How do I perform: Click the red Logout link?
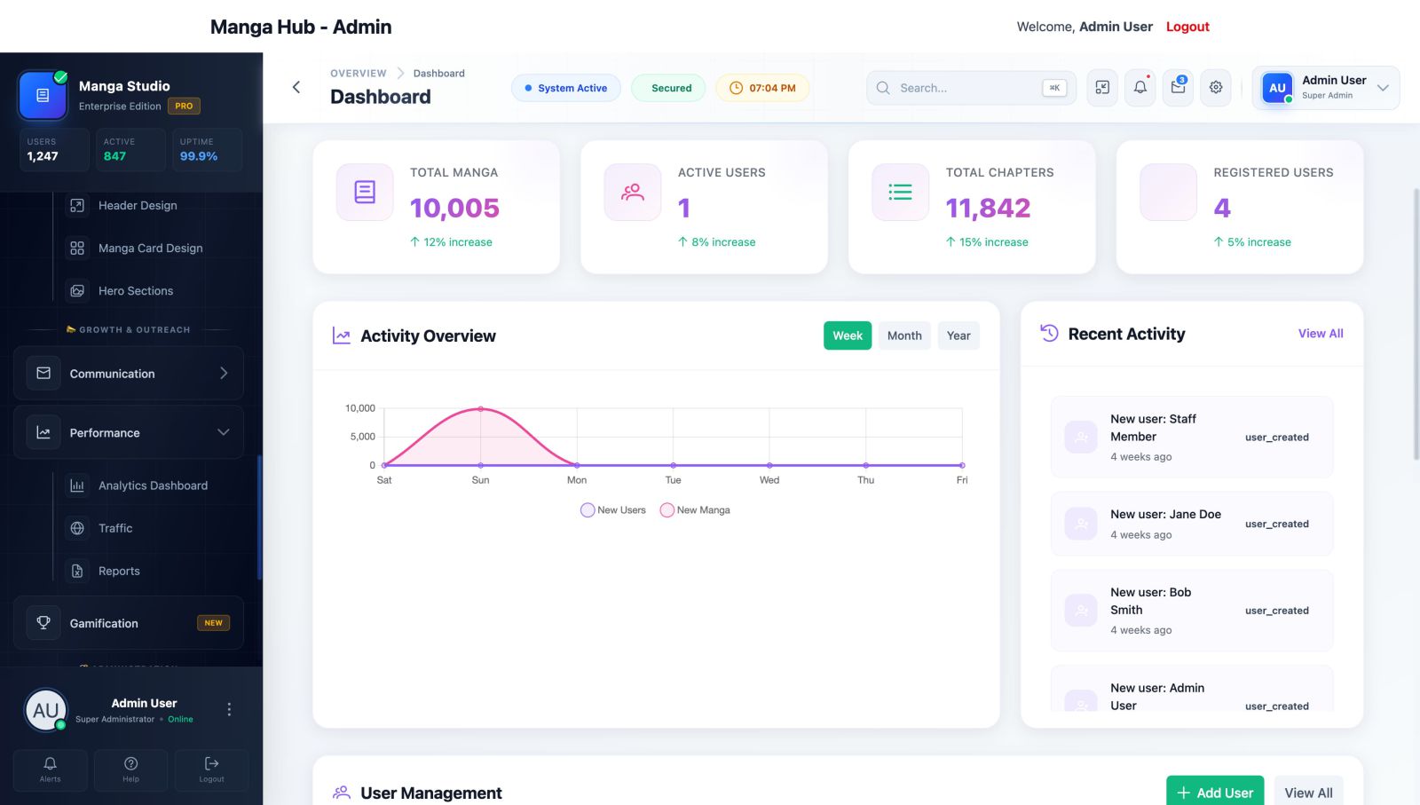[x=1187, y=27]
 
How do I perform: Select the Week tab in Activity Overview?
[x=848, y=335]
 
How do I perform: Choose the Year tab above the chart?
[x=958, y=335]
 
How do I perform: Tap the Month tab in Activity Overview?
[x=904, y=335]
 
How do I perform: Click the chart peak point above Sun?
[x=481, y=409]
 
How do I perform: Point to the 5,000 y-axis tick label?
[x=362, y=437]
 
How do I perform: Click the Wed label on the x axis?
[x=769, y=480]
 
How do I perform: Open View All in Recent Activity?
[x=1321, y=334]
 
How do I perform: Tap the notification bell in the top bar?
[x=1140, y=87]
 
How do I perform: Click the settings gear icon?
[x=1216, y=87]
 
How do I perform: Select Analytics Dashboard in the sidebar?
[x=153, y=485]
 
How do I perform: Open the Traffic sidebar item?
[x=115, y=528]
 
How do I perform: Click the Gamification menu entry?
[x=104, y=623]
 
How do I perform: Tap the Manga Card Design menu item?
[x=150, y=249]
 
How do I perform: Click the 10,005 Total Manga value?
[x=454, y=209]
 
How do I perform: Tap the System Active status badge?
[x=565, y=88]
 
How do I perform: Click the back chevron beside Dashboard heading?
[x=296, y=87]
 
